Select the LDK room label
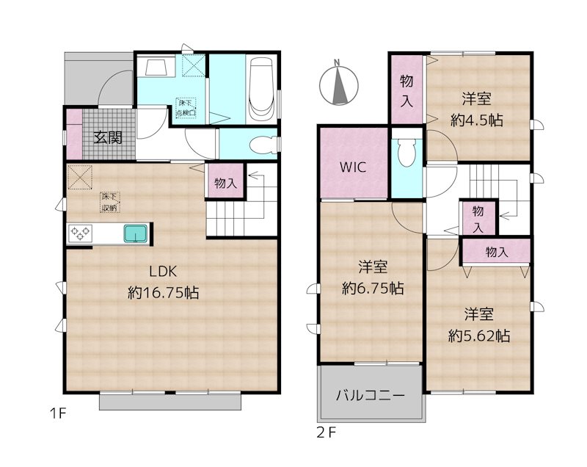click(x=163, y=269)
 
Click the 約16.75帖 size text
click(x=163, y=292)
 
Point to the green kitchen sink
click(x=136, y=234)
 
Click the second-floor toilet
click(x=406, y=153)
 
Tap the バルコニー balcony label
click(x=371, y=395)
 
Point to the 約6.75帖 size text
click(x=372, y=289)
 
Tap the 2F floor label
click(x=326, y=433)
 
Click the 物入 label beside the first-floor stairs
click(x=225, y=184)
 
